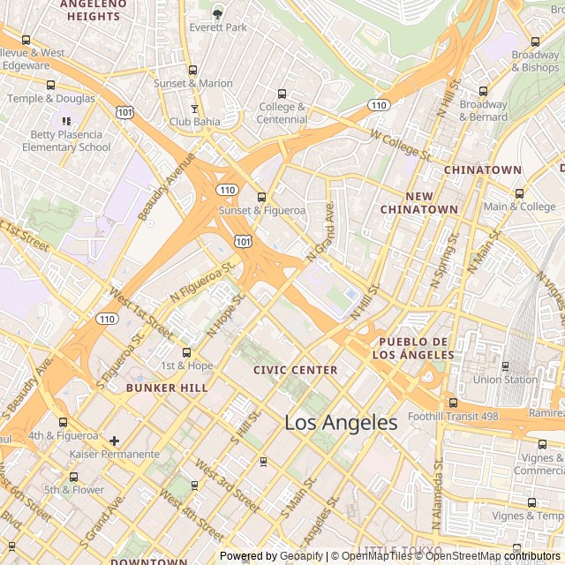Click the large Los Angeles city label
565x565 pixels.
click(x=341, y=423)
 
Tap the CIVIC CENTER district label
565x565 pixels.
click(x=295, y=370)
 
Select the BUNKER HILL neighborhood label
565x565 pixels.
click(x=167, y=388)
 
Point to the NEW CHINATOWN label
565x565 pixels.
click(x=419, y=202)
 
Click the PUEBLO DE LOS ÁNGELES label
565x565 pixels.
click(x=416, y=348)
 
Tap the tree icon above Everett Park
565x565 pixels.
click(x=218, y=12)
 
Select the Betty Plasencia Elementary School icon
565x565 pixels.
click(x=66, y=120)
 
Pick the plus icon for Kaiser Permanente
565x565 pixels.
click(x=114, y=440)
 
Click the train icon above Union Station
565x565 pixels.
click(x=505, y=365)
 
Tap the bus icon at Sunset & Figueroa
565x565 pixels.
click(x=261, y=197)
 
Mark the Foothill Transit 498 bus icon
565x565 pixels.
click(x=454, y=403)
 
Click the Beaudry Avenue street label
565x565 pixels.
click(x=166, y=186)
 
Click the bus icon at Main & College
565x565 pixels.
click(x=519, y=193)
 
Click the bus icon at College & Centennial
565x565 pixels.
click(x=282, y=94)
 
